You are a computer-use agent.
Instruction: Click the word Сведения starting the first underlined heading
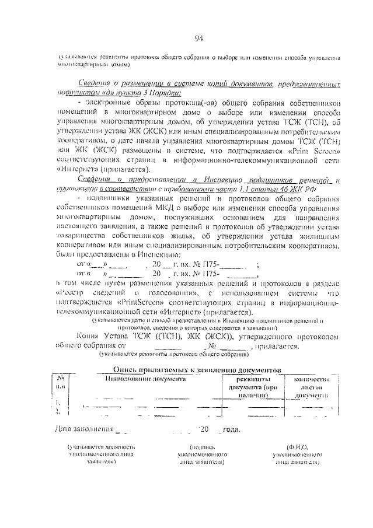point(95,84)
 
